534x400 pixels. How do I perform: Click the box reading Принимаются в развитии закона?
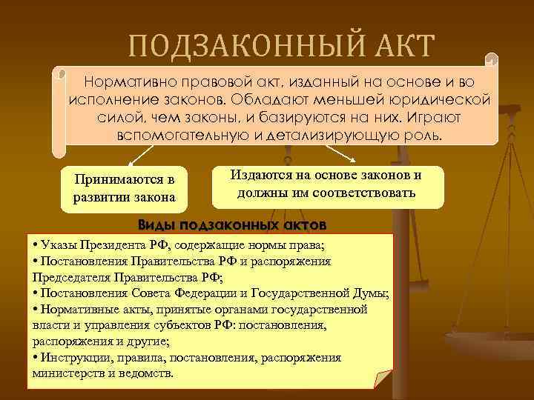pos(124,188)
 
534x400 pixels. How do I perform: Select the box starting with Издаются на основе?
pos(326,184)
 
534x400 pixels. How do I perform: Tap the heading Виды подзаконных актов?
pos(231,224)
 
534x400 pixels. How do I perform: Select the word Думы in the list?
pos(373,293)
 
